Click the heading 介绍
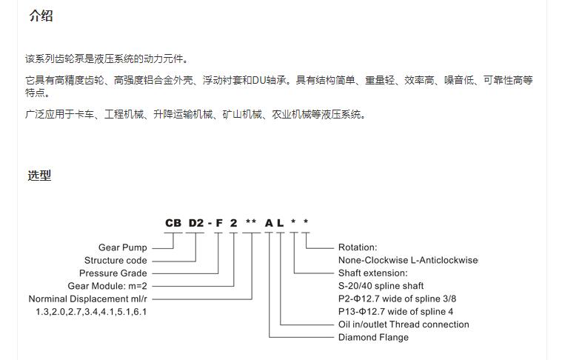point(41,16)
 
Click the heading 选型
point(39,176)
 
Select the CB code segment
point(173,223)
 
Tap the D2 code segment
point(196,223)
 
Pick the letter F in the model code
point(219,223)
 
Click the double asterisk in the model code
point(251,221)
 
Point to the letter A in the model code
point(269,223)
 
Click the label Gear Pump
point(123,247)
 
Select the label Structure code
point(116,260)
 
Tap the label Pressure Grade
point(113,273)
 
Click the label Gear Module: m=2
point(107,286)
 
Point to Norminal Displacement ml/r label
point(88,299)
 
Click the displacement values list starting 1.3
point(91,312)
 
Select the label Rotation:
point(358,247)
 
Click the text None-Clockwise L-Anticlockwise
point(408,260)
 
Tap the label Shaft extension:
point(372,273)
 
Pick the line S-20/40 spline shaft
point(381,286)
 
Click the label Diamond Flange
point(373,338)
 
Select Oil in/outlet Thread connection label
point(404,324)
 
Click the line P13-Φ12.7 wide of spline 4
point(395,312)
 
